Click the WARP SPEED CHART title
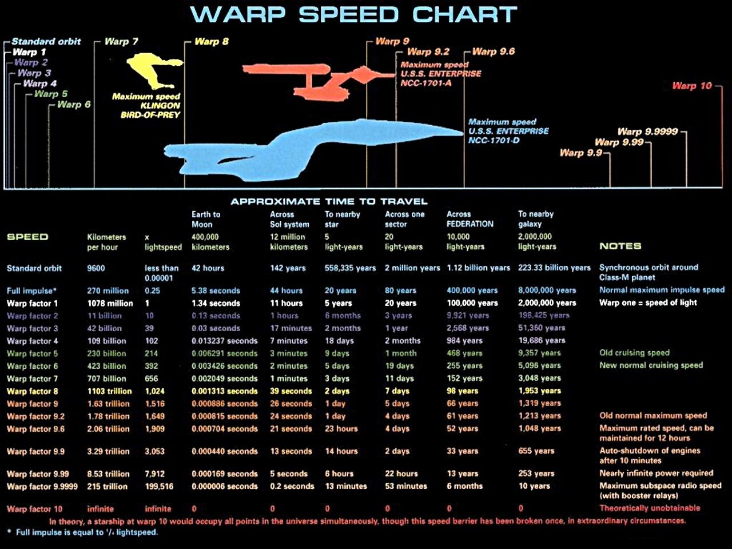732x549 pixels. tap(353, 15)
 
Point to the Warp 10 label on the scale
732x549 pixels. tap(692, 86)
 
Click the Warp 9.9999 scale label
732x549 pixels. tap(647, 132)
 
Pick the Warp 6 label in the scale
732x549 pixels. tap(74, 105)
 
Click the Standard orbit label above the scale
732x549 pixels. tap(46, 42)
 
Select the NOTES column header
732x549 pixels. tap(620, 246)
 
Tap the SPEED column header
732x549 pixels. tap(27, 237)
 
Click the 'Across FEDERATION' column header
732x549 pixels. tap(470, 219)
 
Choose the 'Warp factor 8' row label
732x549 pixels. tap(32, 391)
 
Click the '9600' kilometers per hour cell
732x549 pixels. tap(96, 268)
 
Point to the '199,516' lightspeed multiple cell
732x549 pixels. tap(159, 486)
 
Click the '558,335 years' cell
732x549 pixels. tap(350, 268)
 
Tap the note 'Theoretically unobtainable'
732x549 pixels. tap(650, 508)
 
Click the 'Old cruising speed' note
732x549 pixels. tap(634, 353)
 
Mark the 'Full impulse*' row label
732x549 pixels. tap(31, 291)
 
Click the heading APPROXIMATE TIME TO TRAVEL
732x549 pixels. tap(329, 201)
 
